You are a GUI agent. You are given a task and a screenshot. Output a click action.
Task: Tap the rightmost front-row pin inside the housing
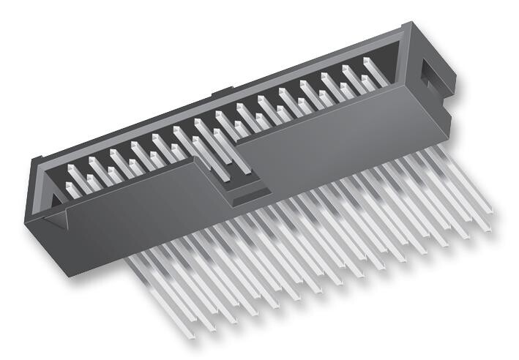click(367, 79)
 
